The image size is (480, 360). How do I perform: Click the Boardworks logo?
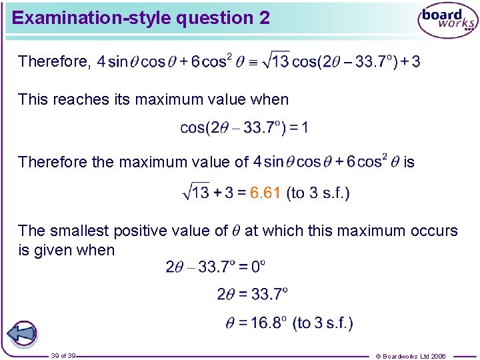click(447, 21)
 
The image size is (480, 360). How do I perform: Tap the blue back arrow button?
click(22, 333)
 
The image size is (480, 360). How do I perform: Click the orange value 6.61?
click(265, 193)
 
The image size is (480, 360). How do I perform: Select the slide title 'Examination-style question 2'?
click(141, 18)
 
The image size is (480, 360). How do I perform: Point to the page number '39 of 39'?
click(63, 356)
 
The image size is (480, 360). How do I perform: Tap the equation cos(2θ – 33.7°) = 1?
click(244, 127)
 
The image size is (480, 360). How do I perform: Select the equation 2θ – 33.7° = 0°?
click(215, 267)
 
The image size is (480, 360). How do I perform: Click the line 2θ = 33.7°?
click(252, 293)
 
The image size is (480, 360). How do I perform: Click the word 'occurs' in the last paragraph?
click(435, 231)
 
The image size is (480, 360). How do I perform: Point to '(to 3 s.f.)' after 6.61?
click(317, 193)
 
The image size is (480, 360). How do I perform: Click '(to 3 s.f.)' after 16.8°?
click(323, 323)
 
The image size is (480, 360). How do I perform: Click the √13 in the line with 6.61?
click(195, 193)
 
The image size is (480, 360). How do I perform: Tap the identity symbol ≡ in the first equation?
click(252, 63)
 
